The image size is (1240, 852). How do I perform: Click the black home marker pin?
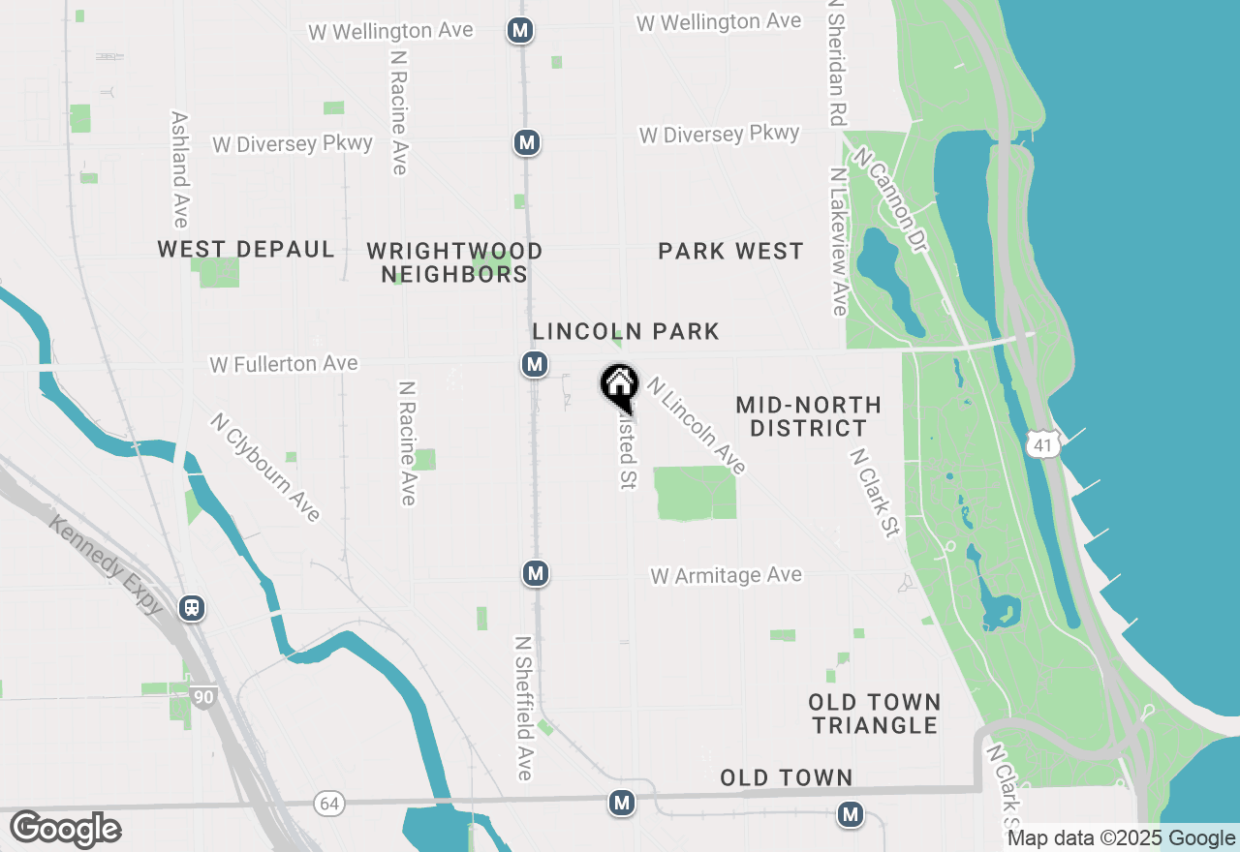click(x=619, y=386)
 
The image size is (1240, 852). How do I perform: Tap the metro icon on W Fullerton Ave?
click(x=534, y=364)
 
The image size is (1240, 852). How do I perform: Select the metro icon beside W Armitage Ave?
click(x=535, y=573)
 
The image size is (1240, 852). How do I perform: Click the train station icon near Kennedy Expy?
click(x=193, y=608)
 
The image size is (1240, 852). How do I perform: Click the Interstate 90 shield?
click(x=202, y=697)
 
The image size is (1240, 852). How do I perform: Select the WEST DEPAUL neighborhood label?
click(x=246, y=250)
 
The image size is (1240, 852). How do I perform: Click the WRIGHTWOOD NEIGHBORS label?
click(x=454, y=262)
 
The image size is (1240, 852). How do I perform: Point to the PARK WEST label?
click(x=730, y=252)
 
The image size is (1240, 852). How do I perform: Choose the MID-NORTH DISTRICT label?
click(x=808, y=416)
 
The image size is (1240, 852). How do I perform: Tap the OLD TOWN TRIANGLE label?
click(x=875, y=714)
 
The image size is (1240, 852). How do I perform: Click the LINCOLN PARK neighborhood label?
click(x=626, y=331)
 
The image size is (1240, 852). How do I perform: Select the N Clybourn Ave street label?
click(x=264, y=468)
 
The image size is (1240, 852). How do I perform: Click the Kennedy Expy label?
click(x=107, y=565)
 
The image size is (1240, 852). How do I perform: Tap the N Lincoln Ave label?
click(x=697, y=426)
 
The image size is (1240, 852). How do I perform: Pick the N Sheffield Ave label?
click(x=524, y=708)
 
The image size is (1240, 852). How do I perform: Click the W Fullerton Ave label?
click(x=284, y=364)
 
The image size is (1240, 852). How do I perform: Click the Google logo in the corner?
click(x=65, y=829)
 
